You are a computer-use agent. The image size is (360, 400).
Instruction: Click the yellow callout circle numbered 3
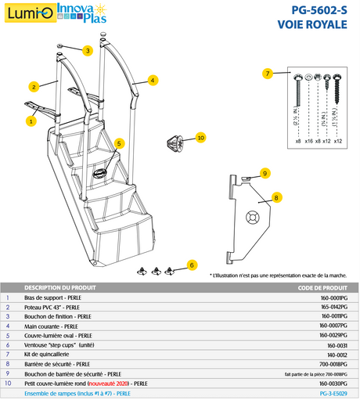tap(88, 51)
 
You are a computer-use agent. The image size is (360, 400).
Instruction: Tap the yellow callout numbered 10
tap(200, 138)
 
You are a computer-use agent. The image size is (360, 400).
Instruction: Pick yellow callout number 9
tap(265, 173)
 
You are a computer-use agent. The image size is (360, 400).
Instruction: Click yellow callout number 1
tap(31, 121)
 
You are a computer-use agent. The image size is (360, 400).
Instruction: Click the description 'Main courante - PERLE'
tap(51, 324)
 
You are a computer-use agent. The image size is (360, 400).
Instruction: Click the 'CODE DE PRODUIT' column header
tap(322, 287)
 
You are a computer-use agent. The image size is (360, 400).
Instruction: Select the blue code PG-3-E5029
tap(334, 393)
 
